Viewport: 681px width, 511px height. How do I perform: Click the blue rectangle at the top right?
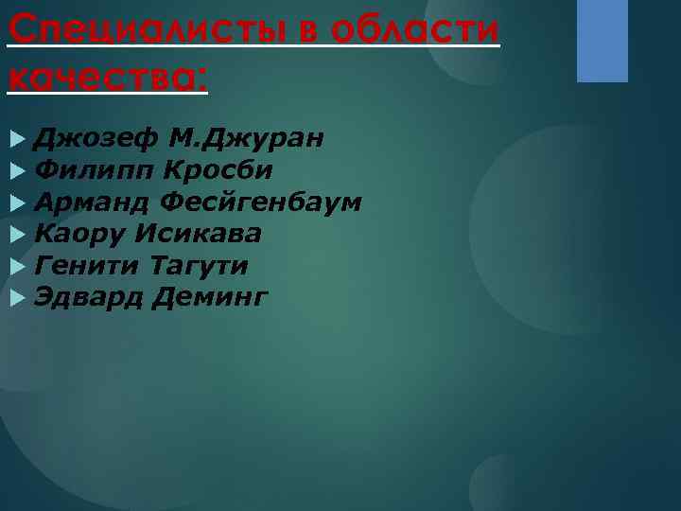point(602,41)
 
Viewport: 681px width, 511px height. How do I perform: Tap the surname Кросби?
point(218,171)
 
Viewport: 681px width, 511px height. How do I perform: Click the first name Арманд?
point(92,203)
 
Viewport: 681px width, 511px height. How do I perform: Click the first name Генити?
point(86,266)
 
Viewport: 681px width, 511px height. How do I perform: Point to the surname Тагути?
point(198,266)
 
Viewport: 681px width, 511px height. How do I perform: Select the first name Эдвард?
point(88,297)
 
